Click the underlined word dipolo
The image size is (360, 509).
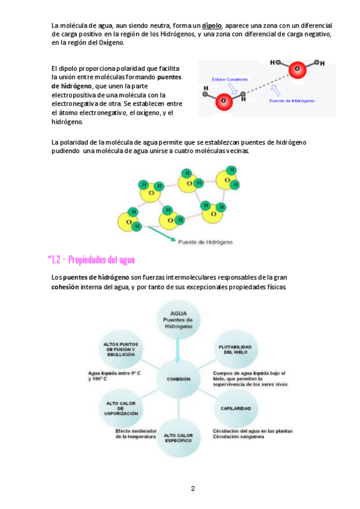pyautogui.click(x=212, y=25)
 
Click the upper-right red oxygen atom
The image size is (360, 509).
pyautogui.click(x=296, y=69)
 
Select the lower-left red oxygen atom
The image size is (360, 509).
pyautogui.click(x=223, y=100)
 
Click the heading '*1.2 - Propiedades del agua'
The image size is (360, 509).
pyautogui.click(x=91, y=260)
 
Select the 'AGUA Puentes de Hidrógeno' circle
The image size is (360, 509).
pyautogui.click(x=178, y=321)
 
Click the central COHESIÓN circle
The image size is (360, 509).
pyautogui.click(x=178, y=379)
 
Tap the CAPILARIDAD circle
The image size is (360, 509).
pyautogui.click(x=236, y=408)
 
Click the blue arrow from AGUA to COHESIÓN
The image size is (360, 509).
pyautogui.click(x=178, y=350)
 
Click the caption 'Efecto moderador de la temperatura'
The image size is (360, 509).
pyautogui.click(x=136, y=433)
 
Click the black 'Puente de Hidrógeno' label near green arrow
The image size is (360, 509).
pyautogui.click(x=205, y=242)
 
